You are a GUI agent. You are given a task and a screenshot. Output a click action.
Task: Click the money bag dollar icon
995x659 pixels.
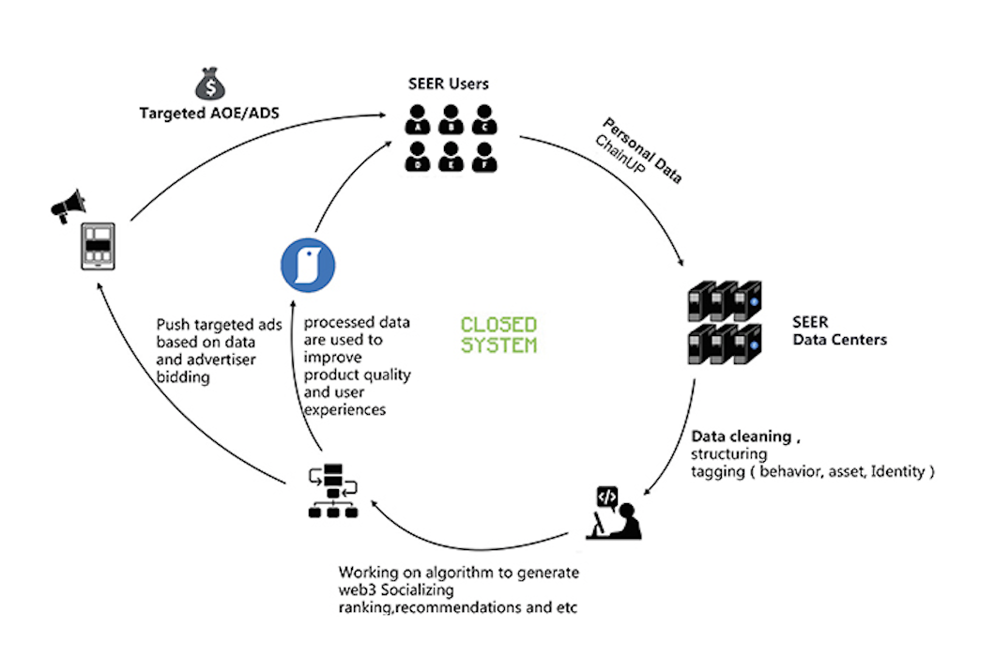[x=211, y=84]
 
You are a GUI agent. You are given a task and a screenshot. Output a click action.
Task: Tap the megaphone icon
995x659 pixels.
[x=68, y=204]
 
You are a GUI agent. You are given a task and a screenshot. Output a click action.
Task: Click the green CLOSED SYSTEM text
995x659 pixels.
[x=498, y=334]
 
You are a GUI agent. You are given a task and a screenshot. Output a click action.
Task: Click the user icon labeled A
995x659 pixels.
[x=418, y=120]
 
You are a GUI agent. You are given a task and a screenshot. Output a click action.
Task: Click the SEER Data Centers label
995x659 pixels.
[x=839, y=331]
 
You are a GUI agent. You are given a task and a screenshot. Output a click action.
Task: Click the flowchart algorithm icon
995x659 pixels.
[x=333, y=491]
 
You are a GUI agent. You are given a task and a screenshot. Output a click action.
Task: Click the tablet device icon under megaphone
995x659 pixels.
[x=98, y=246]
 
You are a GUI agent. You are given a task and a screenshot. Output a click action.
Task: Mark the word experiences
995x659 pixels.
[x=343, y=409]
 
